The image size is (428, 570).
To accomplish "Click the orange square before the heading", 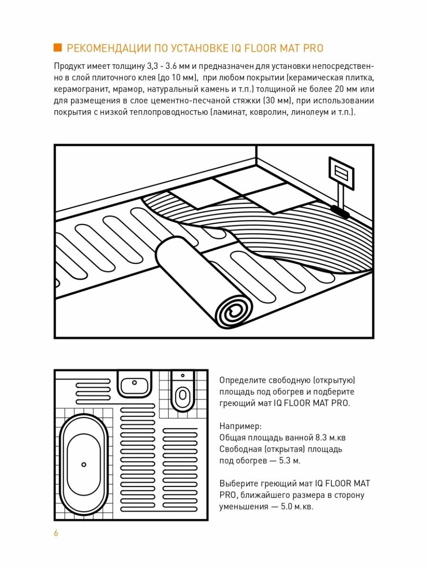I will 58,47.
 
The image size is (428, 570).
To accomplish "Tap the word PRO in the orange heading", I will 312,48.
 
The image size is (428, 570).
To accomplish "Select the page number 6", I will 56,533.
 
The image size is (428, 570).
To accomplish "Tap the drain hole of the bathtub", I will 84,464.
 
